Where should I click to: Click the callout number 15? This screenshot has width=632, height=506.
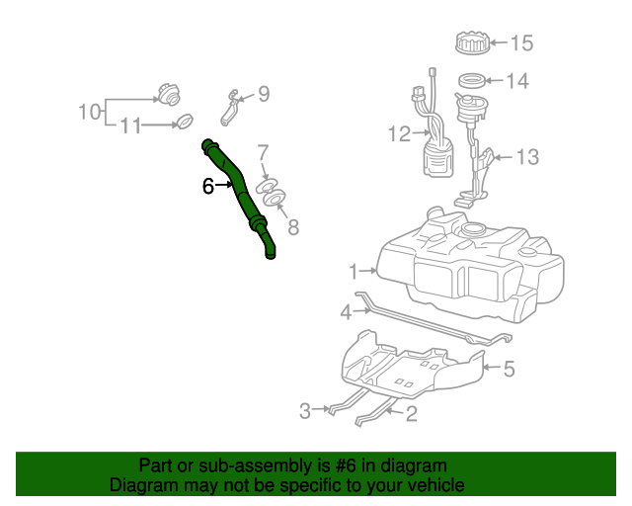tap(520, 43)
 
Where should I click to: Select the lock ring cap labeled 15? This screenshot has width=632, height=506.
tap(473, 43)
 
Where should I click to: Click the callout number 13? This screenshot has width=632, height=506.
tap(528, 157)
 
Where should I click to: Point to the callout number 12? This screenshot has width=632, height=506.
tap(399, 134)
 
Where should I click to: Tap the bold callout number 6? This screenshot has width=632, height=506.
tap(208, 185)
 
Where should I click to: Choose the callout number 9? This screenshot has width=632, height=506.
tap(264, 95)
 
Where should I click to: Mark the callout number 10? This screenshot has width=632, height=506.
tap(90, 111)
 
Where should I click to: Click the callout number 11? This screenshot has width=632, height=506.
tap(130, 126)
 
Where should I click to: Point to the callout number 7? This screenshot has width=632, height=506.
tap(263, 152)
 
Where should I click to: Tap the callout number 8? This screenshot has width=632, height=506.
tap(292, 228)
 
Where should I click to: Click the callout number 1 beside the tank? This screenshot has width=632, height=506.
tap(354, 270)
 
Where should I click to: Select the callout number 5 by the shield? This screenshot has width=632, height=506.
tap(510, 370)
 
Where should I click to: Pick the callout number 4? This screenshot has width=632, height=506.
tap(346, 312)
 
